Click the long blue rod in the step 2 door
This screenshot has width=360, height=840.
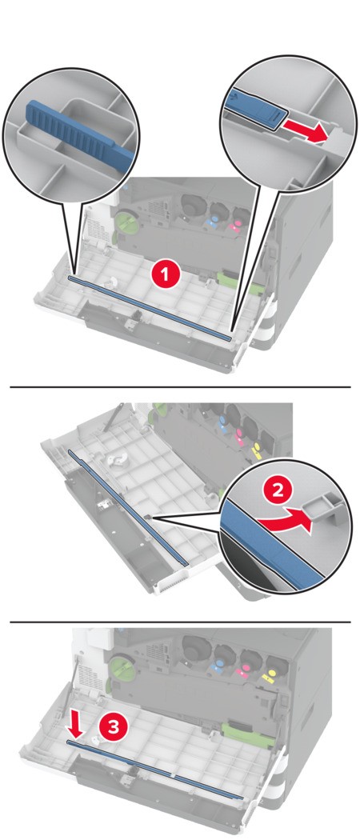(128, 507)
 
